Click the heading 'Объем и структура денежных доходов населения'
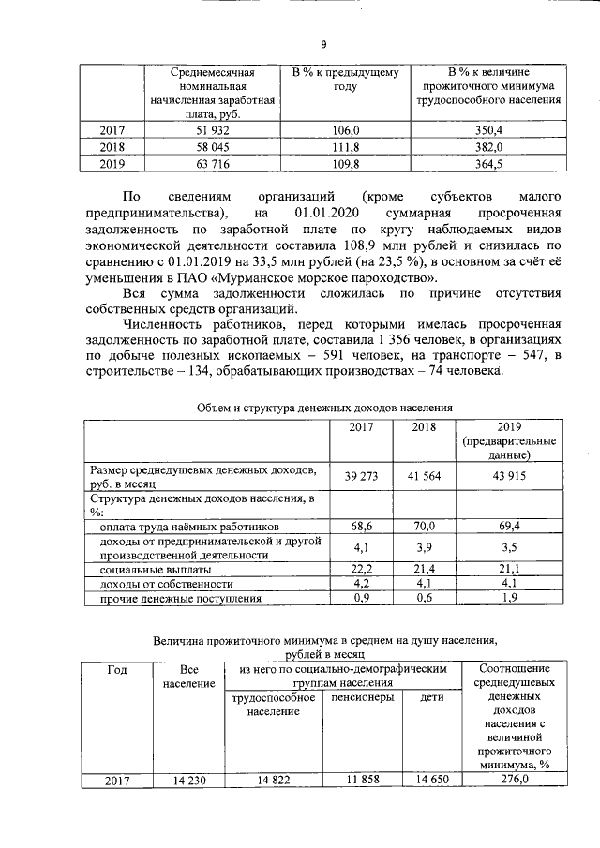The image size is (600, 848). (x=324, y=409)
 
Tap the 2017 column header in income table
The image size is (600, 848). (x=361, y=427)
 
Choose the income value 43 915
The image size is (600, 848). (x=508, y=476)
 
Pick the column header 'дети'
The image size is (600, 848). (x=432, y=698)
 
